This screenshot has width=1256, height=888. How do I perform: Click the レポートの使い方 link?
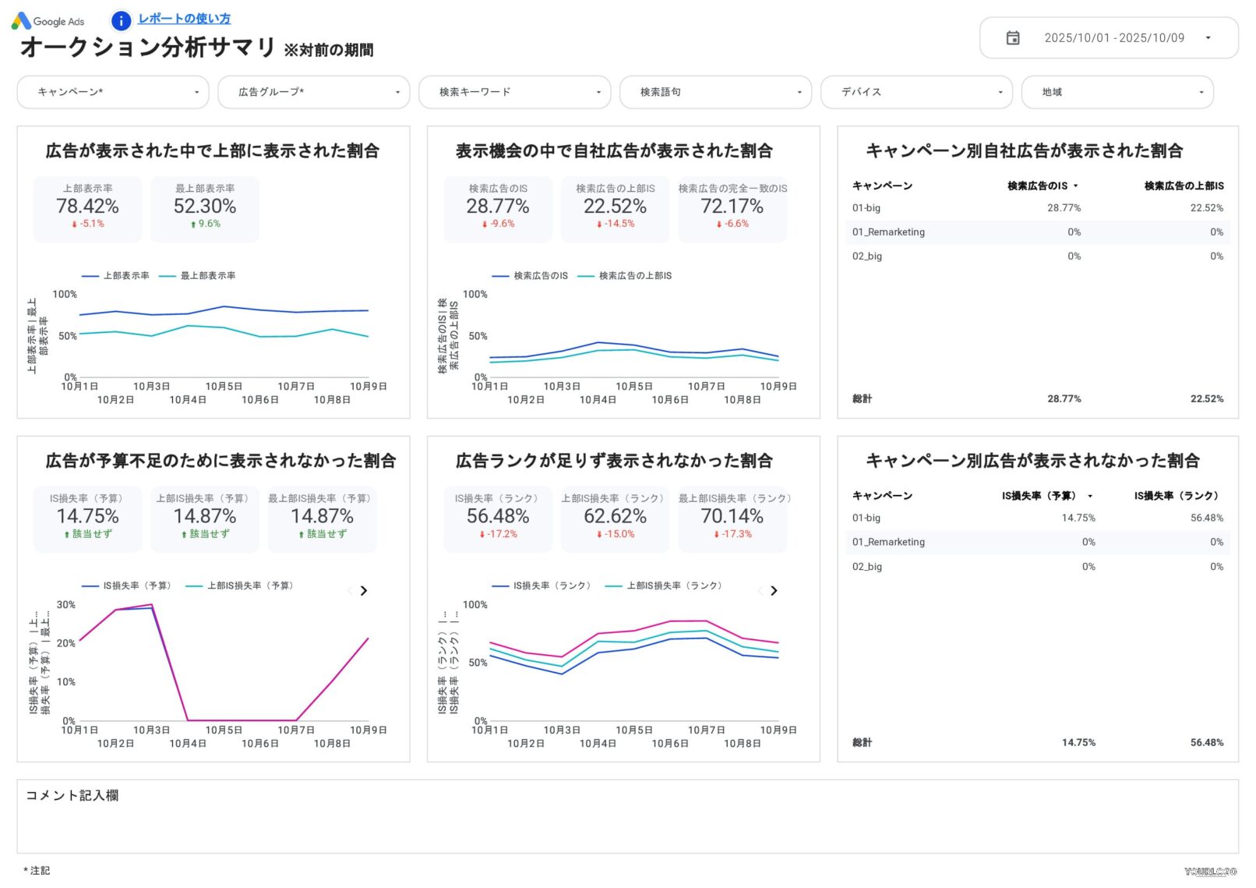click(x=184, y=19)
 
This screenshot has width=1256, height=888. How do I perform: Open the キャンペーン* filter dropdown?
click(x=113, y=92)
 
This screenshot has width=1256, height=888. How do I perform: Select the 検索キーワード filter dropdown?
click(x=514, y=92)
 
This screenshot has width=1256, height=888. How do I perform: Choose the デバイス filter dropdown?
click(x=916, y=92)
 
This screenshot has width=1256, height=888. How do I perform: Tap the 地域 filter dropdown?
click(x=1117, y=92)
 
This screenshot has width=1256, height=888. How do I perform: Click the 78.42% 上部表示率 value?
click(x=87, y=207)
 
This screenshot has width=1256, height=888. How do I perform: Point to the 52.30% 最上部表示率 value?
click(x=205, y=207)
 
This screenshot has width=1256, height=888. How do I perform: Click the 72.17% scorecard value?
click(x=732, y=207)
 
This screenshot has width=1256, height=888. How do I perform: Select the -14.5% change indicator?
click(x=616, y=224)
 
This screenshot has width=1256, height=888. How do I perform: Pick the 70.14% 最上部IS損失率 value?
click(x=732, y=516)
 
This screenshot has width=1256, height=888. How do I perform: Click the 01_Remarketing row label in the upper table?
click(x=888, y=232)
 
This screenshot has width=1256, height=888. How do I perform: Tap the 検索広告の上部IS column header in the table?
click(x=1184, y=186)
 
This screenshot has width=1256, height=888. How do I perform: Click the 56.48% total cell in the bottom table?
click(x=1206, y=743)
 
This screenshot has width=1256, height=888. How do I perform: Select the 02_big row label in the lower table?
click(x=867, y=567)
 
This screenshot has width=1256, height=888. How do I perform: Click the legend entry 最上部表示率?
click(x=207, y=276)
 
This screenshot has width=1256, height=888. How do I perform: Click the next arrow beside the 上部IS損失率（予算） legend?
click(x=364, y=591)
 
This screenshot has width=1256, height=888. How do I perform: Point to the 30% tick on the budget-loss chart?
click(x=66, y=605)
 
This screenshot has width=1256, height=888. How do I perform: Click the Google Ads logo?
click(x=48, y=21)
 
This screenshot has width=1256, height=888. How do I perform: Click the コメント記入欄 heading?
click(x=72, y=795)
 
